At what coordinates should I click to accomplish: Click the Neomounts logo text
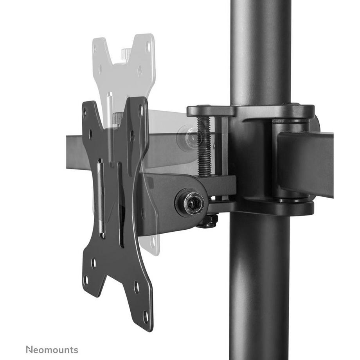tap(52, 349)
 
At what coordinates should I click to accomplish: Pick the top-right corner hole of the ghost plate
tap(148, 47)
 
